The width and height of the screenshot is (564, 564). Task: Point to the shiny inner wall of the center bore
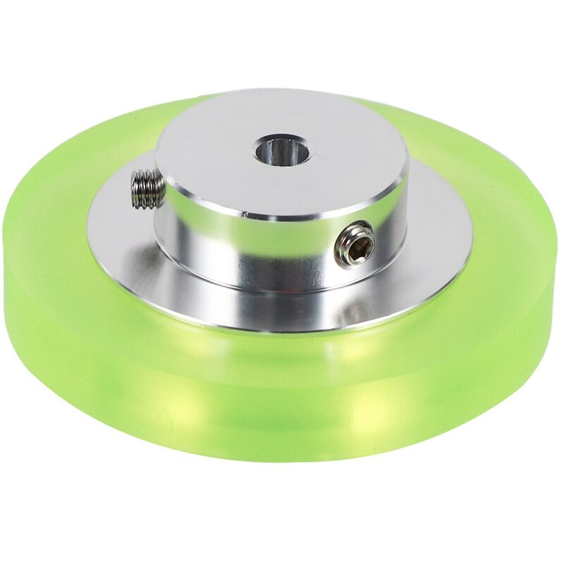coord(276,148)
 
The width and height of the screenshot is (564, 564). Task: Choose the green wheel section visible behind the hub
coord(395,113)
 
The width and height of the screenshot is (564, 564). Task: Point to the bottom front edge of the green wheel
coord(282,462)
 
